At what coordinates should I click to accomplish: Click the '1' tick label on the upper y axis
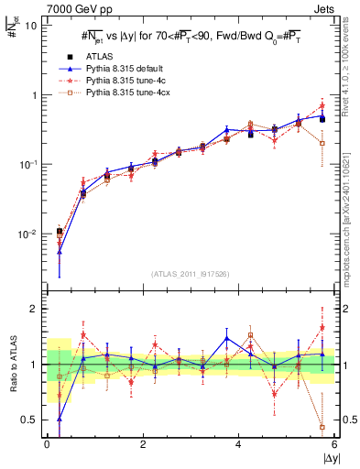pyautogui.click(x=34, y=95)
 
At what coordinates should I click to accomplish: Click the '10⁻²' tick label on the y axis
pyautogui.click(x=28, y=234)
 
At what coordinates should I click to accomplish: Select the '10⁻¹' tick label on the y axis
pyautogui.click(x=28, y=164)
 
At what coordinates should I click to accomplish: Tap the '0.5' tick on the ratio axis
pyautogui.click(x=28, y=420)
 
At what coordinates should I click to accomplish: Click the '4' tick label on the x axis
pyautogui.click(x=238, y=444)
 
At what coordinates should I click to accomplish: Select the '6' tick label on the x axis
pyautogui.click(x=334, y=444)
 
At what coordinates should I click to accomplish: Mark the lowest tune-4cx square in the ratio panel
pyautogui.click(x=322, y=427)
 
